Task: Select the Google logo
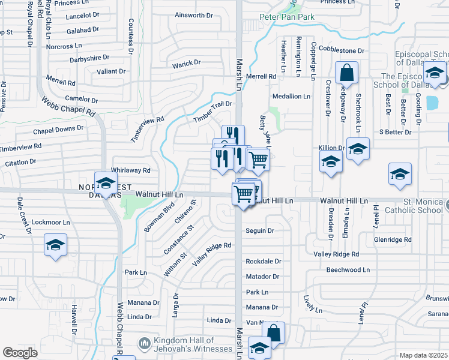20,353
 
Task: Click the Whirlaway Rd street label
130,170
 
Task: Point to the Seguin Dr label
260,230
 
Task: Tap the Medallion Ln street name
291,96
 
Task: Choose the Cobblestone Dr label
342,50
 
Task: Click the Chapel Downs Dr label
58,129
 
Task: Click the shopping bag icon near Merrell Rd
347,74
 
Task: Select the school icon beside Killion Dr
358,149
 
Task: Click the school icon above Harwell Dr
55,245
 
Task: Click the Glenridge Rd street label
392,239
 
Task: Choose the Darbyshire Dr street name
89,58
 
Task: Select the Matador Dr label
262,277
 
